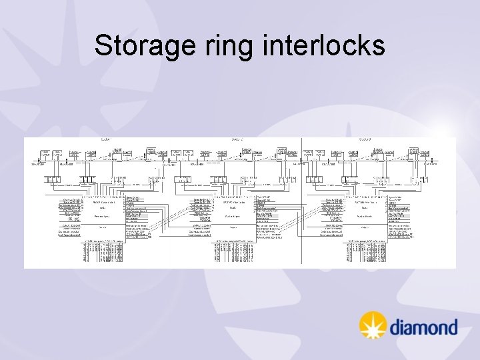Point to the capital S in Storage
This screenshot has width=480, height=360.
(x=102, y=46)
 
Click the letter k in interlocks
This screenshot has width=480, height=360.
(x=358, y=46)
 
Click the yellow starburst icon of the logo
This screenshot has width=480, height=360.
(x=373, y=325)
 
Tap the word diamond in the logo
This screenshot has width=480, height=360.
(x=423, y=327)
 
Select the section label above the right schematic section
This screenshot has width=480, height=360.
(x=365, y=139)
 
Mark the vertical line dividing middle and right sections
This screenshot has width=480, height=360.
(x=302, y=200)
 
